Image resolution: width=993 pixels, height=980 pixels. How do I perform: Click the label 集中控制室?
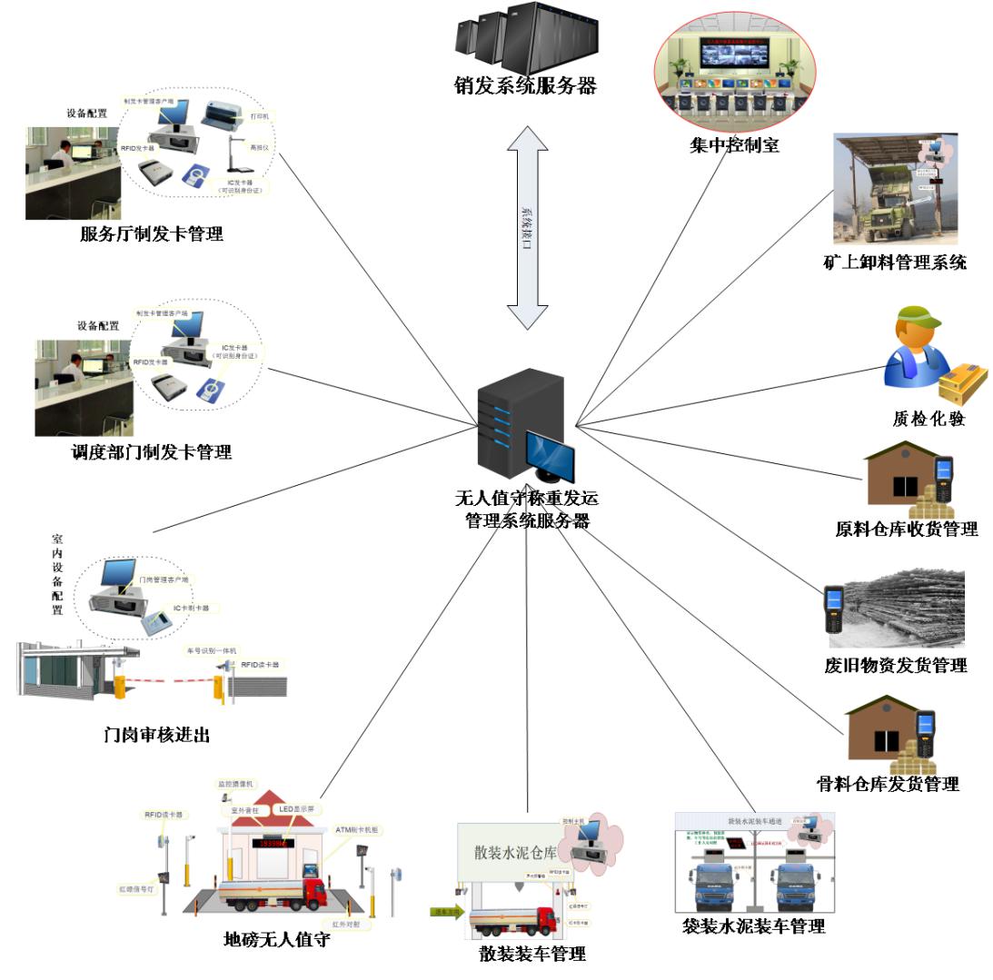pyautogui.click(x=734, y=144)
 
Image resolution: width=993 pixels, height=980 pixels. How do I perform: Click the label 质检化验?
pyautogui.click(x=928, y=419)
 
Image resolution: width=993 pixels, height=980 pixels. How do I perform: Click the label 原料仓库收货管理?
pyautogui.click(x=906, y=529)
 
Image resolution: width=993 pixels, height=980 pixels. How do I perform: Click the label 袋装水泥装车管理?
pyautogui.click(x=753, y=926)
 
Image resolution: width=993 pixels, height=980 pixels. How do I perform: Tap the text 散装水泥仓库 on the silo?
pyautogui.click(x=513, y=851)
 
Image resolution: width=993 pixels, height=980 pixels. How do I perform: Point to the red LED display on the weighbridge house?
pyautogui.click(x=276, y=843)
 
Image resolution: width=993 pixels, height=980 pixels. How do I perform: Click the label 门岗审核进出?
pyautogui.click(x=156, y=735)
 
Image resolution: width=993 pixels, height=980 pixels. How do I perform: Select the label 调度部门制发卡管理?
pyautogui.click(x=151, y=451)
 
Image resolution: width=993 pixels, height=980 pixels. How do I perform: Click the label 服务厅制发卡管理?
pyautogui.click(x=151, y=234)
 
